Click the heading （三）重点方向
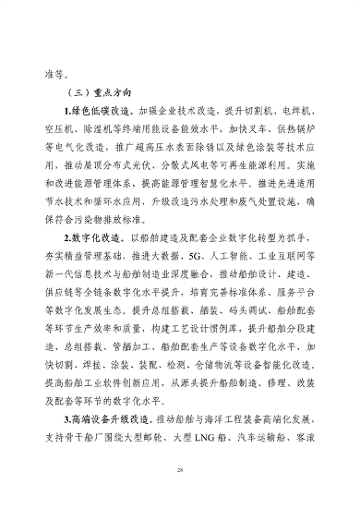pyautogui.click(x=98, y=93)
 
